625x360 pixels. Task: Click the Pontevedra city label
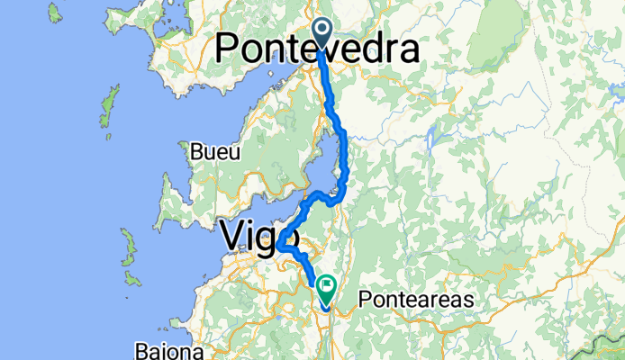click(x=318, y=49)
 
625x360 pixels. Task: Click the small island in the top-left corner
click(x=55, y=13)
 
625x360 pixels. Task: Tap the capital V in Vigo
click(x=232, y=237)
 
